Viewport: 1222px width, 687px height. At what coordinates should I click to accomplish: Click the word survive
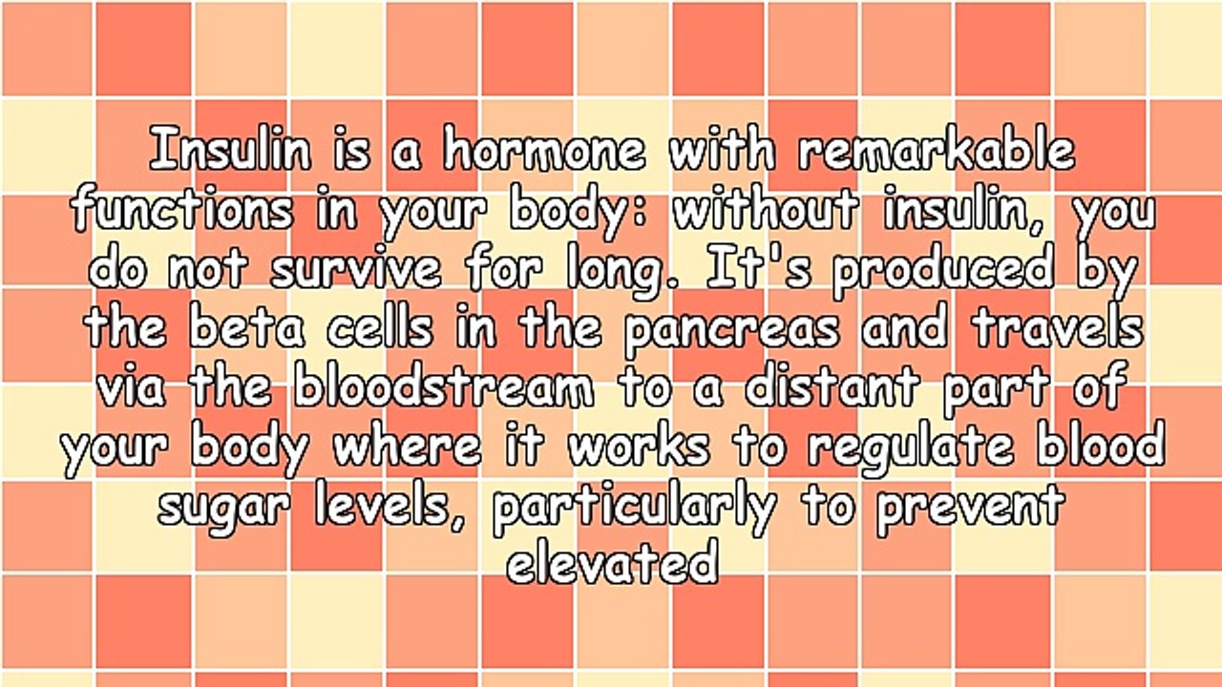click(x=356, y=271)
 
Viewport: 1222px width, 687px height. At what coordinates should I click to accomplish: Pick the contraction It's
click(x=760, y=271)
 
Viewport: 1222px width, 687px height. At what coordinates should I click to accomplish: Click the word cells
click(x=380, y=330)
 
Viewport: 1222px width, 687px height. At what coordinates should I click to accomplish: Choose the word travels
click(x=1057, y=330)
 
